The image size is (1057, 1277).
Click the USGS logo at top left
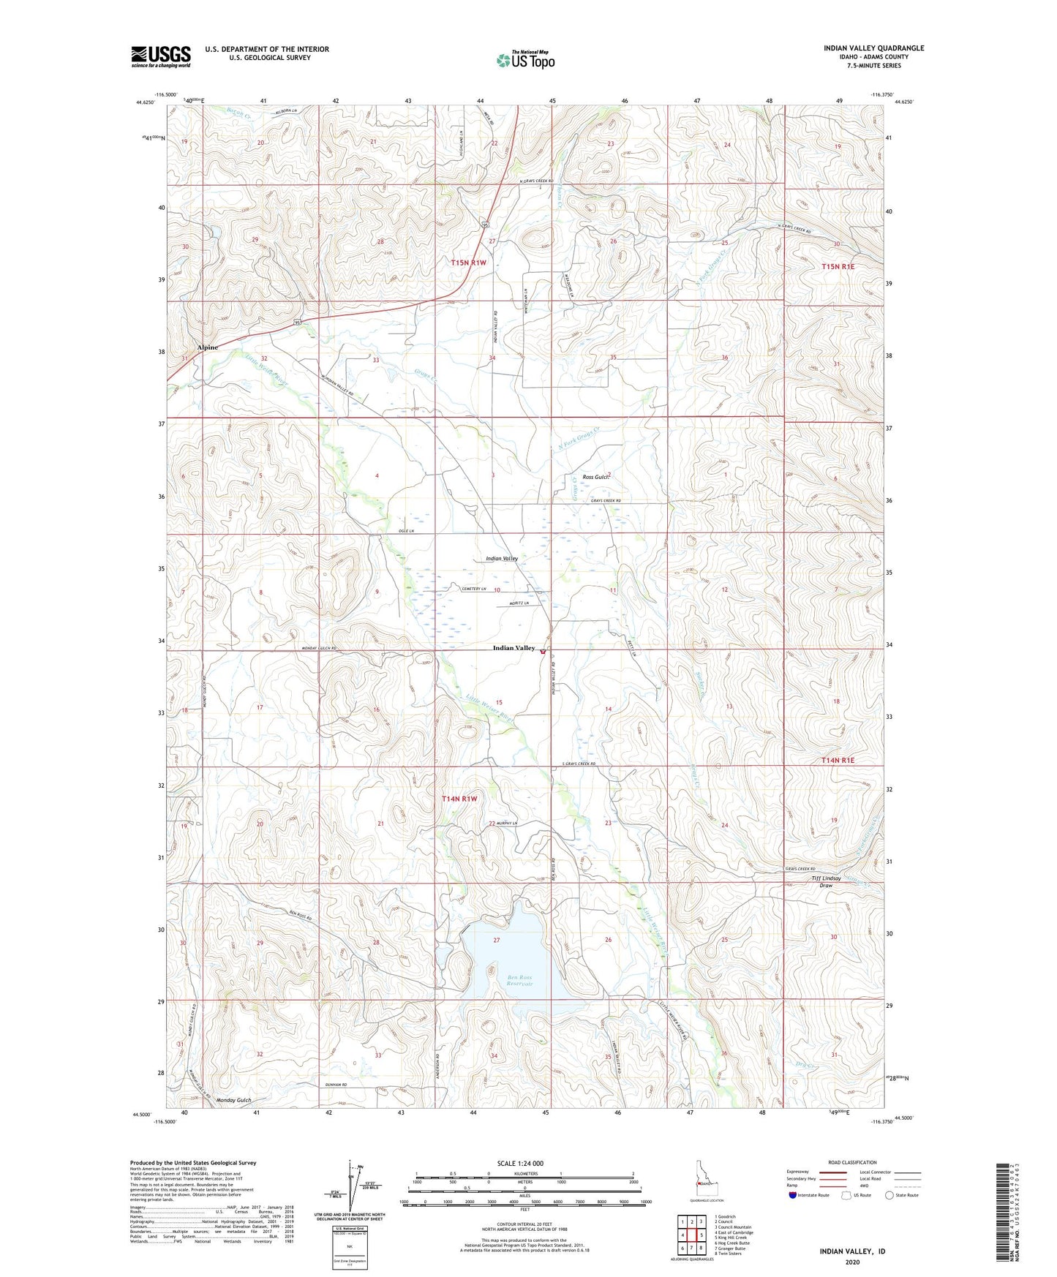click(x=160, y=56)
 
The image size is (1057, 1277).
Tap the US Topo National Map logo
click(x=525, y=59)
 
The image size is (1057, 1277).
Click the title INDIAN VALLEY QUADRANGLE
click(x=873, y=48)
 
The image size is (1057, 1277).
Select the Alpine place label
click(x=207, y=347)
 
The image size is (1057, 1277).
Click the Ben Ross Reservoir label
click(x=519, y=980)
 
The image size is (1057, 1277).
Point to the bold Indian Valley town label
click(x=514, y=648)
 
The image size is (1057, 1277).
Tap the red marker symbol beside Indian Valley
click(x=543, y=649)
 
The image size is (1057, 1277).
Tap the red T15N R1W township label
click(x=468, y=262)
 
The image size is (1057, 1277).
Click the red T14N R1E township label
click(x=838, y=761)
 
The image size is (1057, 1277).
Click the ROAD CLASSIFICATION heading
click(x=852, y=1162)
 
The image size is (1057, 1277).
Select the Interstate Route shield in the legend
click(x=793, y=1195)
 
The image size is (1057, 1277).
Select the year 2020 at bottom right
click(x=852, y=1262)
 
